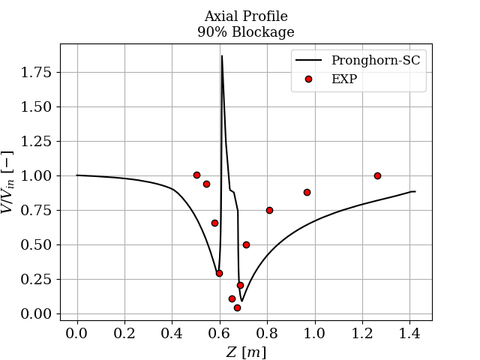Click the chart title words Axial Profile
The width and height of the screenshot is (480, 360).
(x=246, y=16)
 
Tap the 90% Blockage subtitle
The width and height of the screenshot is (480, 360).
(x=246, y=32)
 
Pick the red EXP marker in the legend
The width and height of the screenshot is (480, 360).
(x=308, y=79)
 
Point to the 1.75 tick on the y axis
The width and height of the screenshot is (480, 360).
(x=36, y=73)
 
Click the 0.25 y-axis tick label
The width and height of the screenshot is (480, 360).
(x=36, y=280)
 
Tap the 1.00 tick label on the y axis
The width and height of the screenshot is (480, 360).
(x=36, y=176)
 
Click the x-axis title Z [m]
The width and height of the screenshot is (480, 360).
(x=246, y=352)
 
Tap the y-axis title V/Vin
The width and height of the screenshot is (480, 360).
(x=9, y=182)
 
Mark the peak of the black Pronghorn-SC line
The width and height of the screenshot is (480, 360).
(x=221, y=55)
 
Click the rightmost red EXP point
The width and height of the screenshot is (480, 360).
(x=377, y=175)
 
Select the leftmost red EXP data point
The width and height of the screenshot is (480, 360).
(x=196, y=175)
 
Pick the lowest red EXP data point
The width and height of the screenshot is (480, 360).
(x=237, y=307)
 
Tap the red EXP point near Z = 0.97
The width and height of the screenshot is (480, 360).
(x=307, y=192)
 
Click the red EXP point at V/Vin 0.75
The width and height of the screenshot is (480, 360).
(x=269, y=210)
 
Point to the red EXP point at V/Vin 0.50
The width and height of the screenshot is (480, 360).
(x=246, y=244)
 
